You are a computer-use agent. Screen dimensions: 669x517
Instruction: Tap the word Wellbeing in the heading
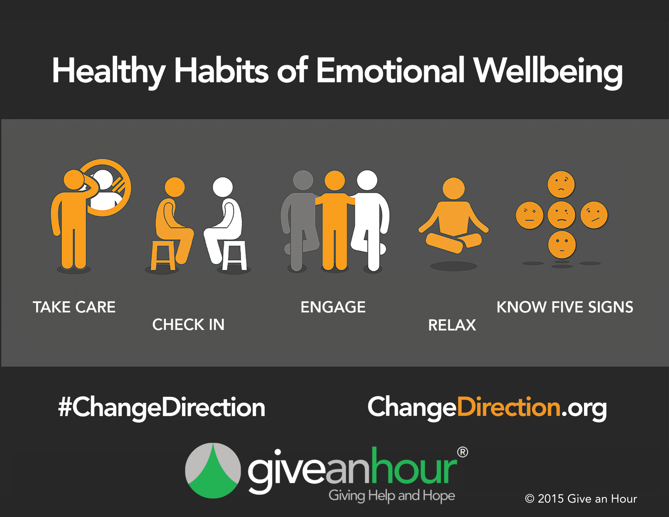549,72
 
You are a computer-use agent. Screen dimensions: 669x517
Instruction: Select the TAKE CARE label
74,307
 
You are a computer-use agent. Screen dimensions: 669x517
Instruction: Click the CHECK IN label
188,325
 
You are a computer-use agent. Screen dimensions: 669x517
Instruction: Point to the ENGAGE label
333,307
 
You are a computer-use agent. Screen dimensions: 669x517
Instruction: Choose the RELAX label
452,325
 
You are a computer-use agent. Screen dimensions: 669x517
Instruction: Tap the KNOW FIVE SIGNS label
565,307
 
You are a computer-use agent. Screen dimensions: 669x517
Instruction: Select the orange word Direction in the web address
509,407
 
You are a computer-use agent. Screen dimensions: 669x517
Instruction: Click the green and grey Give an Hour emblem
213,471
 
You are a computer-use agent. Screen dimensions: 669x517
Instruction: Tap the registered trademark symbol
463,452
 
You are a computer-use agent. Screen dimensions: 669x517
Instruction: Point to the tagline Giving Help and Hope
392,496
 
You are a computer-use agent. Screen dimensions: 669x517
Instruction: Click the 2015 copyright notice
581,499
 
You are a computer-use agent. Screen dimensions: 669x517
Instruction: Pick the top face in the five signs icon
561,184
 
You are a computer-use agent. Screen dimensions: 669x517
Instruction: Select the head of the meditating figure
454,188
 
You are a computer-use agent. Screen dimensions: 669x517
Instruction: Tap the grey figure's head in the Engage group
303,180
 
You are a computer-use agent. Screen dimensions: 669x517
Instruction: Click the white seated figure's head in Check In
223,187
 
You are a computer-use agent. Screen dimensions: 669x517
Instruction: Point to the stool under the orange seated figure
163,255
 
